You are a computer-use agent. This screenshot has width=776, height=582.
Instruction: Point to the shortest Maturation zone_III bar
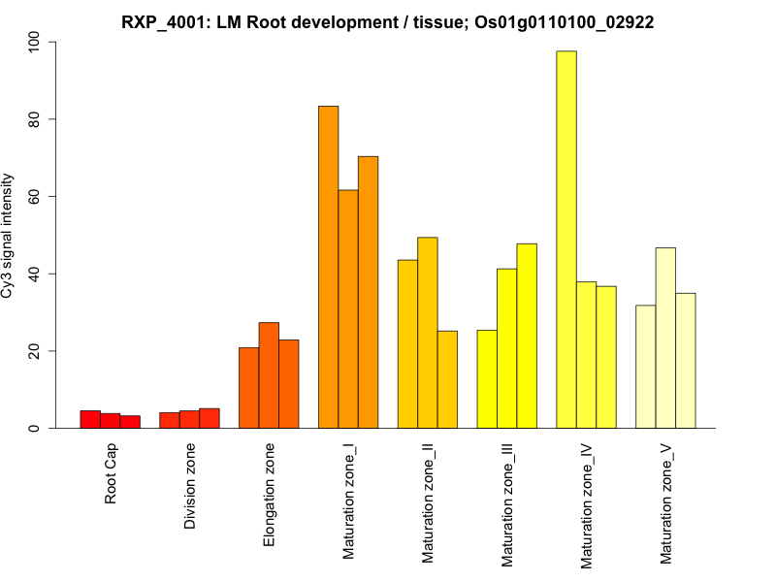pos(487,379)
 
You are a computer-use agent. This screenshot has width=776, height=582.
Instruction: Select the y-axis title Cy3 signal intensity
pos(9,236)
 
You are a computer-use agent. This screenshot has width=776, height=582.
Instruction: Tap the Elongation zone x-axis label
pos(270,493)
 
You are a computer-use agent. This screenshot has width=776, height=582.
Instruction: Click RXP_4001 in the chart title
pos(160,21)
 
